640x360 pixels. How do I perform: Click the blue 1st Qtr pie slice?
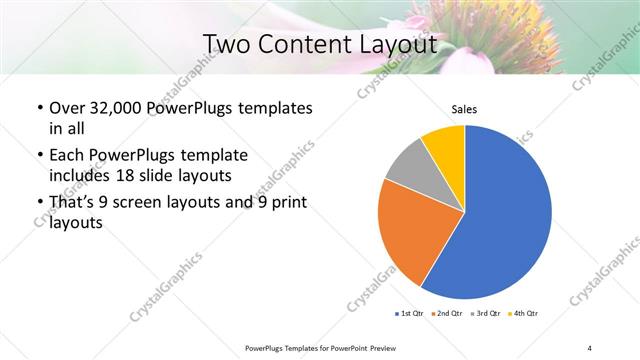coord(505,215)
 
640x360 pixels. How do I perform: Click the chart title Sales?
coord(464,109)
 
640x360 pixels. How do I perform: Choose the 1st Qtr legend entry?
coord(409,314)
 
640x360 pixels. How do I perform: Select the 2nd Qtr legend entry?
coord(446,314)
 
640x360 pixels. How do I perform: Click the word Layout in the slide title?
coord(394,44)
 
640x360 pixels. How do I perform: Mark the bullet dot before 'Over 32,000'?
coord(39,108)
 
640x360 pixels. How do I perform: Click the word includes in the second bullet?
coord(80,176)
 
